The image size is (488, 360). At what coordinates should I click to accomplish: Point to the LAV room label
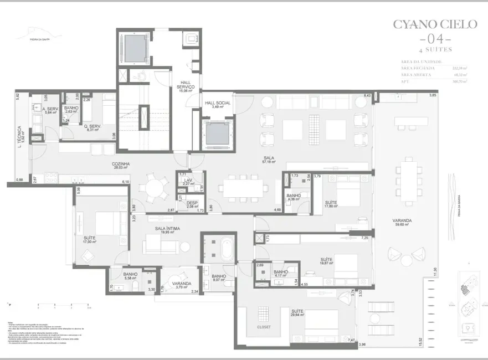(188, 182)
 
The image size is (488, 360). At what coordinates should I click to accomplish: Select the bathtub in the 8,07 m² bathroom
(226, 251)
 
